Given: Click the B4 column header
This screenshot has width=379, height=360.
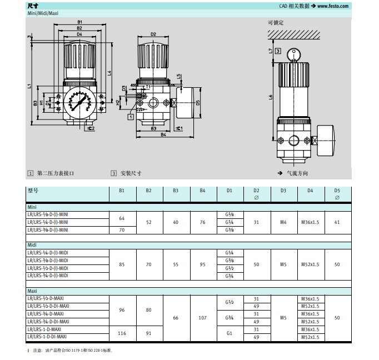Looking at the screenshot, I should pyautogui.click(x=202, y=191).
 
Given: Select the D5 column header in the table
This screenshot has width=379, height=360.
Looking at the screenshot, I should pyautogui.click(x=336, y=191).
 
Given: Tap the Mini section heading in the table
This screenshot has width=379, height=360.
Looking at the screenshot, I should pyautogui.click(x=32, y=207).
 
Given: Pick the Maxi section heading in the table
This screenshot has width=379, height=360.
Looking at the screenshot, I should pyautogui.click(x=32, y=291).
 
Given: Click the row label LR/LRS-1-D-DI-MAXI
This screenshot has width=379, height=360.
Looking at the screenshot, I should pyautogui.click(x=48, y=337).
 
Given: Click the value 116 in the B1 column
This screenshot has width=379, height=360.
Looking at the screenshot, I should pyautogui.click(x=122, y=333).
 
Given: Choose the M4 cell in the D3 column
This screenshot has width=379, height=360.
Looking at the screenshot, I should pyautogui.click(x=282, y=222).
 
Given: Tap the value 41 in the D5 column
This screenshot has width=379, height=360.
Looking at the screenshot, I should pyautogui.click(x=336, y=222).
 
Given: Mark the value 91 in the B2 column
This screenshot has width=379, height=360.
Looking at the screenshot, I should pyautogui.click(x=148, y=333).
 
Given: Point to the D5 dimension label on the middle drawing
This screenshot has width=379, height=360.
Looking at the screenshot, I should pyautogui.click(x=198, y=102).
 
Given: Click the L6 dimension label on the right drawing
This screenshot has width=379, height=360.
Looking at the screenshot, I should pyautogui.click(x=271, y=98).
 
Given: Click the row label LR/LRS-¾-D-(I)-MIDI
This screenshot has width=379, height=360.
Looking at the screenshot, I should pyautogui.click(x=48, y=276).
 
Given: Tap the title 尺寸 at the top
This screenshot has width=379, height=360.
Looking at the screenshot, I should pyautogui.click(x=32, y=6).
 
